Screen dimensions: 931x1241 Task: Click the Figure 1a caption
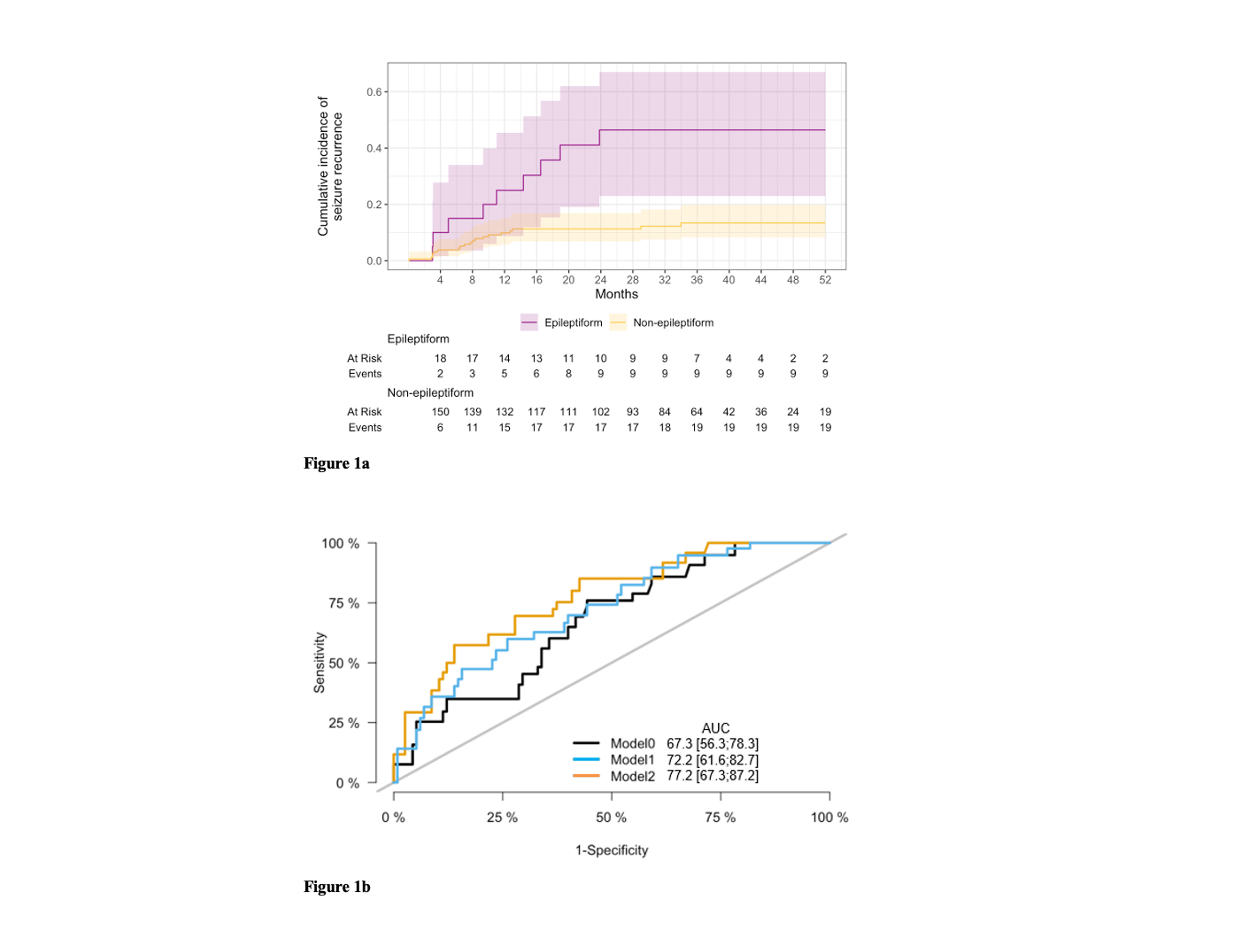(x=337, y=463)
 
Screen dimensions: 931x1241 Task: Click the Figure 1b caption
(x=337, y=887)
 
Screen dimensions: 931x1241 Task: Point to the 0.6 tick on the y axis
(x=374, y=92)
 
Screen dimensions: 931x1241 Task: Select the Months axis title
(x=616, y=294)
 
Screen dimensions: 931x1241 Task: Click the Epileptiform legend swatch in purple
(x=529, y=323)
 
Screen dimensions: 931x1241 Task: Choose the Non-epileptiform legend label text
(x=673, y=323)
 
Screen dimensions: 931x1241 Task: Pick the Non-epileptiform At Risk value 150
(x=441, y=412)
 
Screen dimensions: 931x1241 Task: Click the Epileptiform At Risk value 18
(x=441, y=358)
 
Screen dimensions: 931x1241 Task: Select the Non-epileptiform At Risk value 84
(x=665, y=412)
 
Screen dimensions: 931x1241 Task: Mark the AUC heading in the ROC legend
(x=715, y=728)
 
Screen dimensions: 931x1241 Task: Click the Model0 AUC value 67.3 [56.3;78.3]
(x=712, y=744)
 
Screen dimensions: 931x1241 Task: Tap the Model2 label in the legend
(x=632, y=776)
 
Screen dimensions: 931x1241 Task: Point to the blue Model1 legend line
(x=586, y=760)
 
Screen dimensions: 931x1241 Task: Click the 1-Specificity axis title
(x=611, y=850)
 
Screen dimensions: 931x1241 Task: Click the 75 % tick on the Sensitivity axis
(x=343, y=603)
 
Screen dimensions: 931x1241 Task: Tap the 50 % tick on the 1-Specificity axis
(x=611, y=817)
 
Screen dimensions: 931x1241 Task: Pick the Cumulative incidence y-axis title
(x=330, y=166)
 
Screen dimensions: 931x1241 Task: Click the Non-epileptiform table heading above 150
(x=430, y=393)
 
